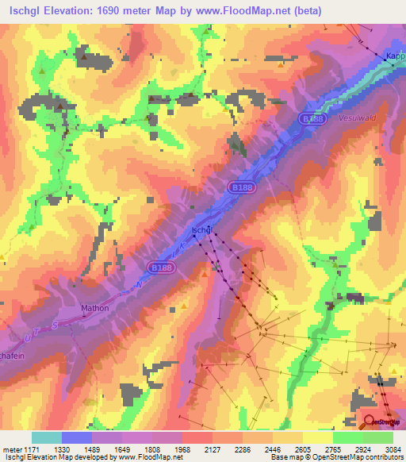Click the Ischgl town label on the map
coord(201,230)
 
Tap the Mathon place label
coord(94,307)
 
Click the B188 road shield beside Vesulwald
coord(312,117)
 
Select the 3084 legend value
coord(382,449)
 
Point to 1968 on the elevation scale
coord(182,449)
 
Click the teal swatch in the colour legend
coord(47,437)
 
